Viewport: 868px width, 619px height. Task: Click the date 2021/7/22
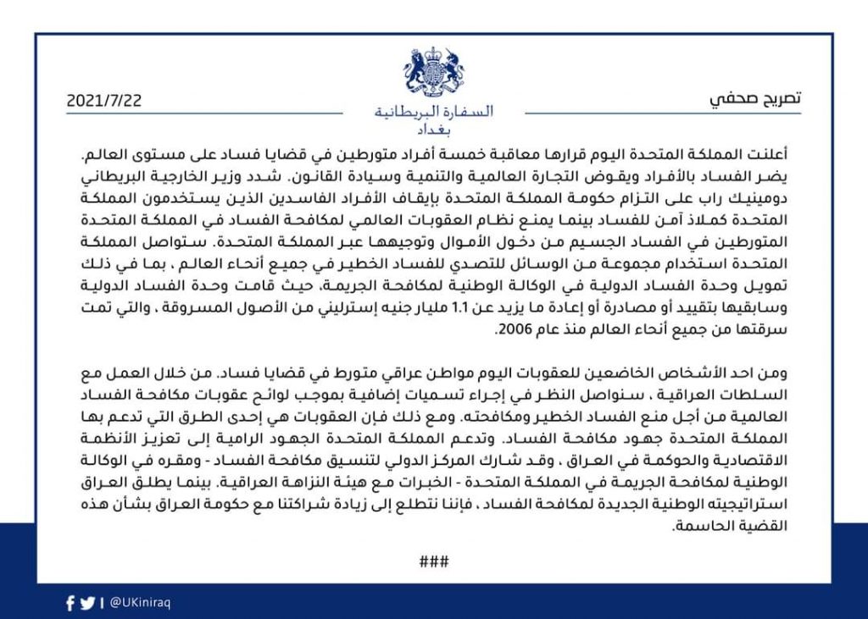[104, 99]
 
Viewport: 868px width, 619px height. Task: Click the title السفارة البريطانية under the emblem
[433, 112]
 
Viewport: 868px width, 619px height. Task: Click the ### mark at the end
[433, 561]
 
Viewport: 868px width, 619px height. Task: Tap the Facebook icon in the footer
[70, 604]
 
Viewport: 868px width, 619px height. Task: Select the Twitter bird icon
[87, 604]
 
